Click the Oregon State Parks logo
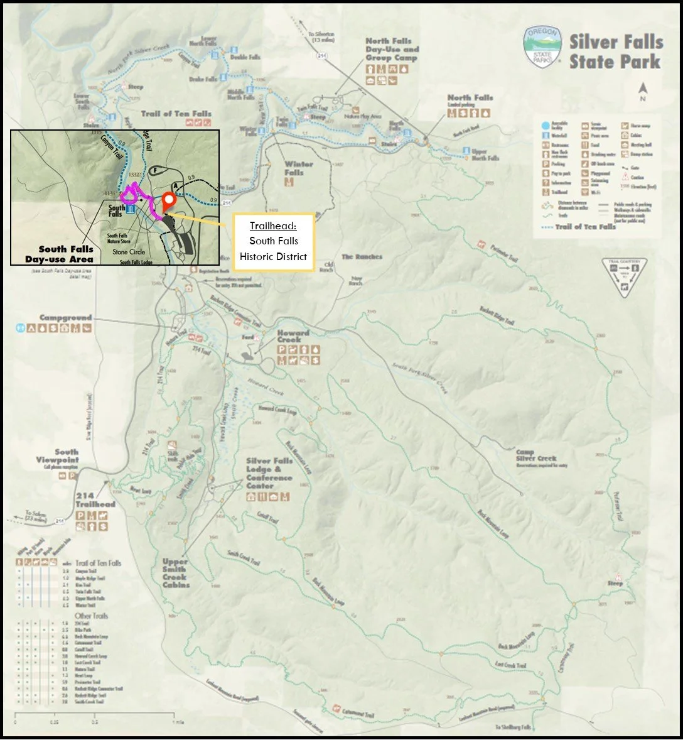point(542,49)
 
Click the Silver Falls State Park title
point(615,52)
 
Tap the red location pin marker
point(168,203)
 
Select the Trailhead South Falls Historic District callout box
point(273,241)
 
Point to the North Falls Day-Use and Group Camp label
point(392,49)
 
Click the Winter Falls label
point(298,168)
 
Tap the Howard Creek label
point(293,336)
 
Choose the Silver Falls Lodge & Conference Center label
point(269,473)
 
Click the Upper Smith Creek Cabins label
point(175,573)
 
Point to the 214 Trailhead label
point(95,500)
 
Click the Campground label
point(65,318)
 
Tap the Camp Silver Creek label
point(536,455)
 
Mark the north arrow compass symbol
point(642,92)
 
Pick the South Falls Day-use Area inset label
point(65,254)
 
